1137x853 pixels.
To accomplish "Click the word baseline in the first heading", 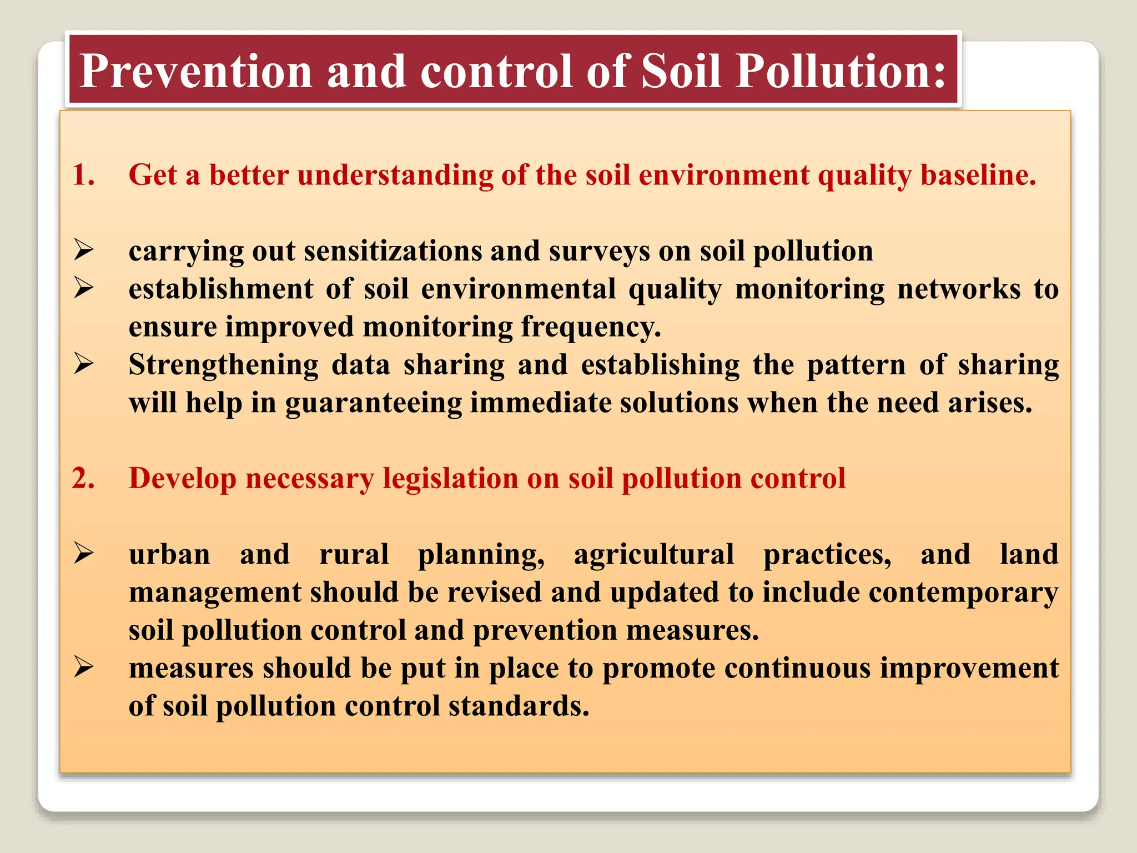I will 978,175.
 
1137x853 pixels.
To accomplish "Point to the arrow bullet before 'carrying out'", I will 84,250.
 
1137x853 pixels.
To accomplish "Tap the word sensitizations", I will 393,251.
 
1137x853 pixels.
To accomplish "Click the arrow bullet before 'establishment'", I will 84,288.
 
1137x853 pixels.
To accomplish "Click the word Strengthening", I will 223,365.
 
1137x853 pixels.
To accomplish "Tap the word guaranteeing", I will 373,404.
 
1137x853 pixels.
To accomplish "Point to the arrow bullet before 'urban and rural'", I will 84,554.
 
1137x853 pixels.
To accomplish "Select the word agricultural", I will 653,555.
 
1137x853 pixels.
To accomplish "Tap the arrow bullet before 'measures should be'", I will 84,668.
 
